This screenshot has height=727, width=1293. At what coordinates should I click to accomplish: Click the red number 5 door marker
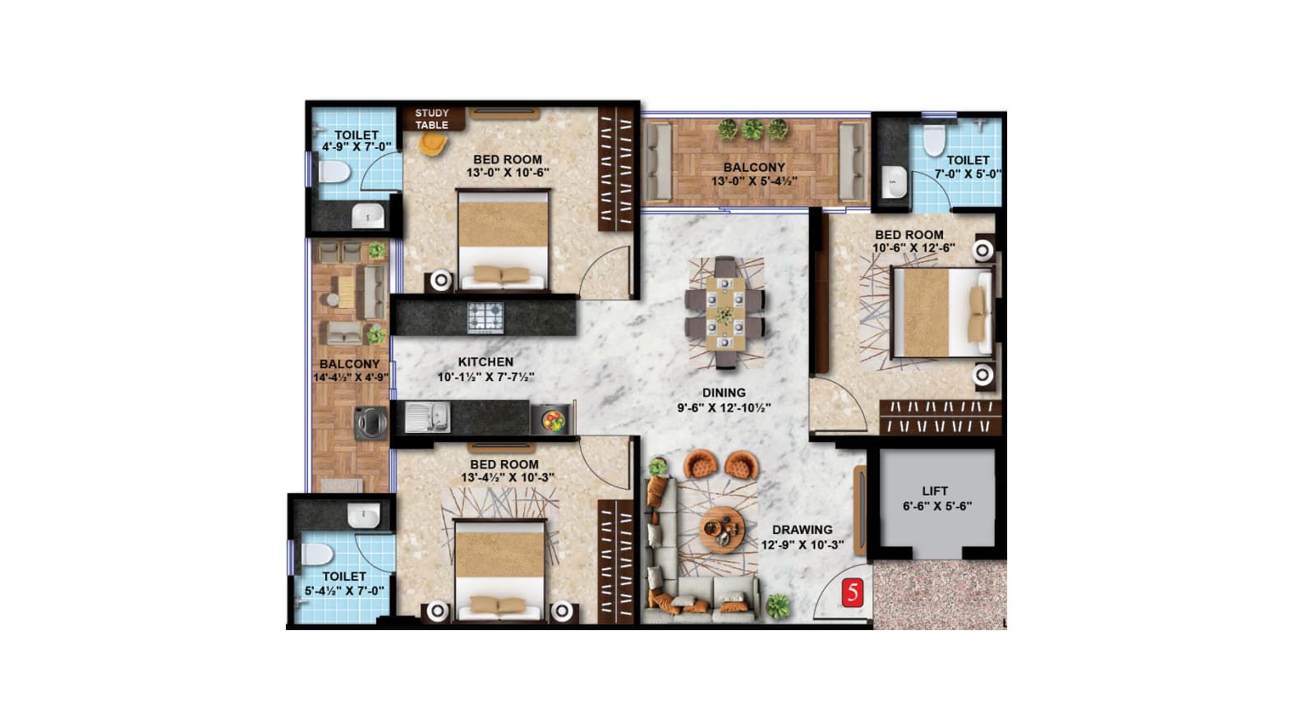click(x=853, y=593)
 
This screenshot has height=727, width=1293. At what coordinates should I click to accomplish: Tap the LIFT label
click(x=935, y=490)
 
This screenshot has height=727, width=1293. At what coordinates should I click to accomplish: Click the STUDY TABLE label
click(x=432, y=119)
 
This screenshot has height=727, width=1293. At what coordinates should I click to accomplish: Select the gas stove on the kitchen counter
click(x=485, y=318)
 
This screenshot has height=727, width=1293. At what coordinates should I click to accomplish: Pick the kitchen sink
click(x=427, y=417)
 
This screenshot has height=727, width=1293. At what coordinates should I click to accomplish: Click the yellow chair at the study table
click(x=432, y=144)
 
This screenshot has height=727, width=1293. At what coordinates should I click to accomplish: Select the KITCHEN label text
click(x=485, y=362)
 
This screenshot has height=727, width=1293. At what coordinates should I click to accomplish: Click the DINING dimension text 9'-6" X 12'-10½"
click(x=724, y=407)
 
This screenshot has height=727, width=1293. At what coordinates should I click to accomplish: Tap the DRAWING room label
click(x=803, y=530)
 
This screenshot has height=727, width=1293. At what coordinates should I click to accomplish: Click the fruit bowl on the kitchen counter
click(x=553, y=421)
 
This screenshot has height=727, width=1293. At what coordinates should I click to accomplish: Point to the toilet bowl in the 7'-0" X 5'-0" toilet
click(x=934, y=140)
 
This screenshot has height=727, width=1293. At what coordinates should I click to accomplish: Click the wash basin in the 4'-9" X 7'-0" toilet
click(x=368, y=217)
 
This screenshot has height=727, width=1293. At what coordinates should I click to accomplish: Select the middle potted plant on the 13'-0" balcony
click(x=752, y=130)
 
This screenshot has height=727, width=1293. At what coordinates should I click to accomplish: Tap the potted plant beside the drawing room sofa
click(x=778, y=606)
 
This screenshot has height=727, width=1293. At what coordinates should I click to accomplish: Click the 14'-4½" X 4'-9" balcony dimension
click(x=351, y=378)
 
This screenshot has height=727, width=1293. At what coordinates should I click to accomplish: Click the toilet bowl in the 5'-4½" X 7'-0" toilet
click(x=317, y=555)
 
